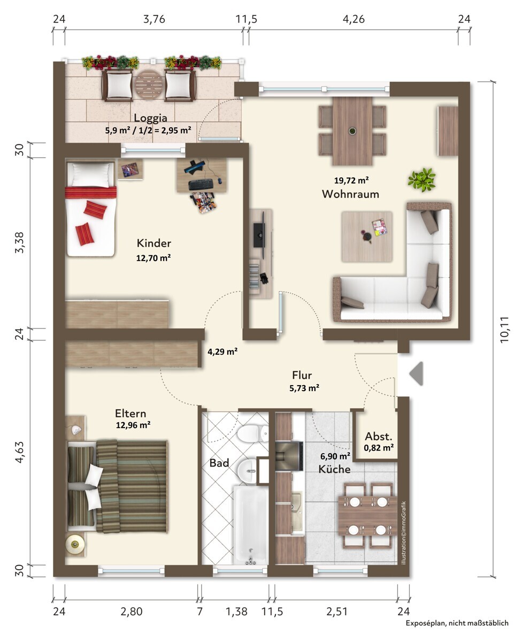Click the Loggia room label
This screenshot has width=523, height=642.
click(150, 118)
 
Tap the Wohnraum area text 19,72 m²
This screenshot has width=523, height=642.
click(351, 180)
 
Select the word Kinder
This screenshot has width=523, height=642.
click(153, 243)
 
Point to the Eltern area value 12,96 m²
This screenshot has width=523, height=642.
click(133, 425)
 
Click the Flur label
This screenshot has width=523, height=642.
click(302, 375)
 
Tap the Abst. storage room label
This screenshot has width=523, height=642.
click(379, 437)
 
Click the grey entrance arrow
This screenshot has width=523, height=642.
click(416, 373)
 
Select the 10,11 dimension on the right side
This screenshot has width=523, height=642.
click(504, 329)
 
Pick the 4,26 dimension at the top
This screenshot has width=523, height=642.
click(353, 19)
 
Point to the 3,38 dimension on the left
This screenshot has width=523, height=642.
click(19, 242)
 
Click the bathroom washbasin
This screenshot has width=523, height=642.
click(247, 470)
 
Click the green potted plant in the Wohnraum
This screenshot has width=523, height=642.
click(421, 180)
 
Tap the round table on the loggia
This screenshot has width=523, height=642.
click(149, 84)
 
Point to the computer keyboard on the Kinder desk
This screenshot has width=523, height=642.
click(201, 184)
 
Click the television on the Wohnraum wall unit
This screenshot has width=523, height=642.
click(259, 235)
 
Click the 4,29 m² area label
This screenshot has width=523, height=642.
click(222, 351)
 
